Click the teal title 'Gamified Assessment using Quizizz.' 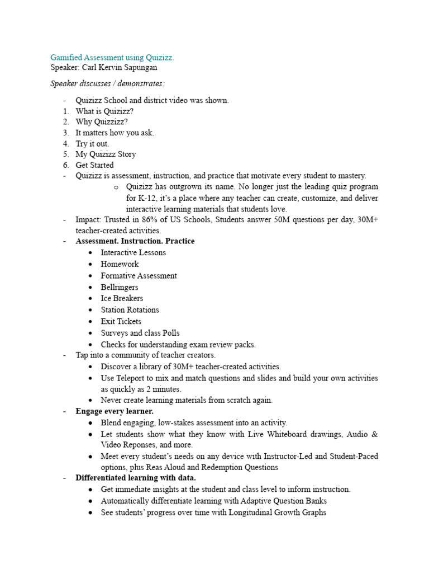[x=112, y=57]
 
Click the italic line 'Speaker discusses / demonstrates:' [x=108, y=83]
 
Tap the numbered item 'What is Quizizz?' [x=104, y=111]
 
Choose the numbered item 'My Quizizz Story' [x=106, y=154]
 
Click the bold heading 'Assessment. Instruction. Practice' [x=135, y=241]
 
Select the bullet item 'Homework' [x=120, y=264]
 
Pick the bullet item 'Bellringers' [x=120, y=287]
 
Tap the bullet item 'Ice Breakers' [x=122, y=298]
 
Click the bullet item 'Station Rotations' [x=130, y=310]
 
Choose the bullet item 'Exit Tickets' [x=121, y=321]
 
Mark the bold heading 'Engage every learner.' [x=115, y=411]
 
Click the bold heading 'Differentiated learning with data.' [x=136, y=478]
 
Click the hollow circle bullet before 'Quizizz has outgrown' [x=116, y=187]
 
